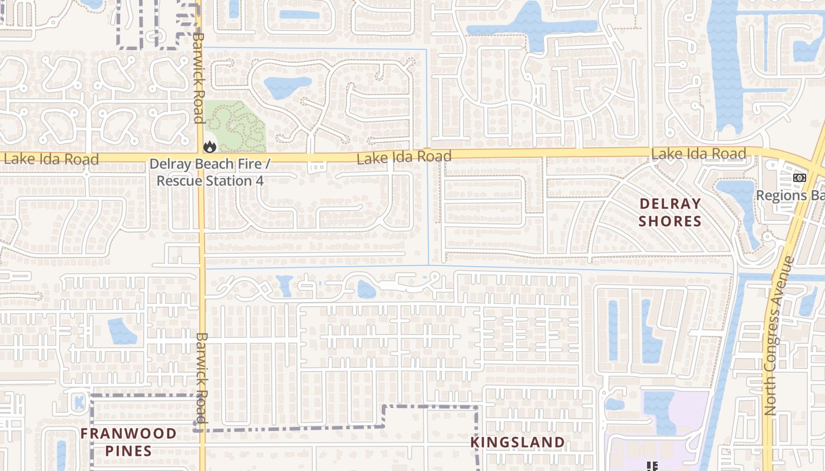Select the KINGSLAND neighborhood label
point(517,442)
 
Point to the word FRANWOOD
point(128,434)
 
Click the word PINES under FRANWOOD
point(128,452)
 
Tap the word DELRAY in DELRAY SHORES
point(670,204)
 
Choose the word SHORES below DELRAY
point(670,221)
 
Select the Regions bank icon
point(799,178)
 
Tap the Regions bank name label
point(790,195)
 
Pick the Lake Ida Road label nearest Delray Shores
point(698,154)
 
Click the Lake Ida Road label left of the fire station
point(51,159)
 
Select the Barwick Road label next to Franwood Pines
point(202,377)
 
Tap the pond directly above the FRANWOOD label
point(122,331)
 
